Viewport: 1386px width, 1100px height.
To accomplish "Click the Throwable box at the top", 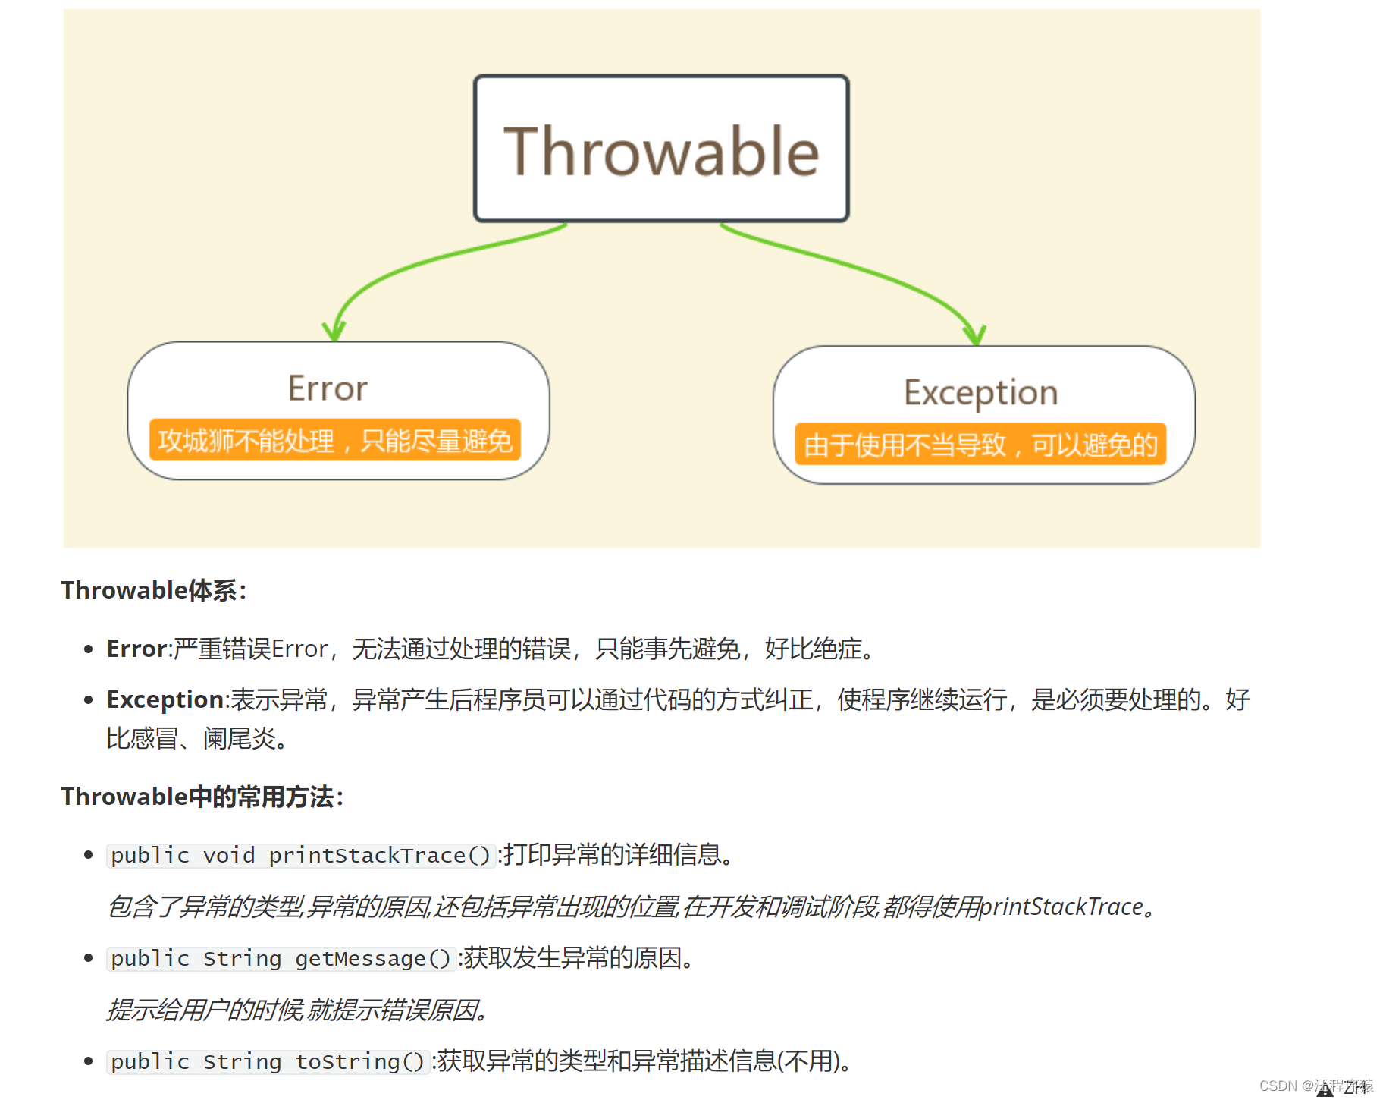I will pyautogui.click(x=661, y=149).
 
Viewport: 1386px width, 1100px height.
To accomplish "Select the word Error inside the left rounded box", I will pyautogui.click(x=328, y=388).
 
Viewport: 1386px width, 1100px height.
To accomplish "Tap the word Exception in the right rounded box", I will pyautogui.click(x=980, y=393).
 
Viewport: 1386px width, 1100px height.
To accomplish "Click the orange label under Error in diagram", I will pyautogui.click(x=334, y=440).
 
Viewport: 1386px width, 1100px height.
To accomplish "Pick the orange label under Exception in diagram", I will pyautogui.click(x=980, y=445).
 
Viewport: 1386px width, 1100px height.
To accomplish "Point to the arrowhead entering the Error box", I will pyautogui.click(x=334, y=332).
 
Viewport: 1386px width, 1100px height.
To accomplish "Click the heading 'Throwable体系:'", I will pyautogui.click(x=154, y=590).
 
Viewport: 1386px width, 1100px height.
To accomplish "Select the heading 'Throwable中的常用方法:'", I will pyautogui.click(x=202, y=797).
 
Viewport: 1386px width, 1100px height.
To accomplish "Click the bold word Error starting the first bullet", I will pyautogui.click(x=136, y=649).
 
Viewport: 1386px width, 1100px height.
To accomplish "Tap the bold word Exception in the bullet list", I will pyautogui.click(x=165, y=699).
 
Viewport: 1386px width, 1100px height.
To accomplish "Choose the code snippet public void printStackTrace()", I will pyautogui.click(x=301, y=855).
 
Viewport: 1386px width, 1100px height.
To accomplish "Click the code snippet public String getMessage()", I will pyautogui.click(x=281, y=958).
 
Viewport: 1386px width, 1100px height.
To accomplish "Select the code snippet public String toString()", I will pyautogui.click(x=268, y=1061).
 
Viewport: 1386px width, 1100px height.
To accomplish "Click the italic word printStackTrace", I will pyautogui.click(x=1061, y=907).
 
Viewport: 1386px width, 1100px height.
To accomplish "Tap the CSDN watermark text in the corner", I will pyautogui.click(x=1315, y=1086).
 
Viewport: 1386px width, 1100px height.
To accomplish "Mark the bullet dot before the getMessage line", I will pyautogui.click(x=89, y=958).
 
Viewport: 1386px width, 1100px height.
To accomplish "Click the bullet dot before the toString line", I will pyautogui.click(x=89, y=1061).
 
